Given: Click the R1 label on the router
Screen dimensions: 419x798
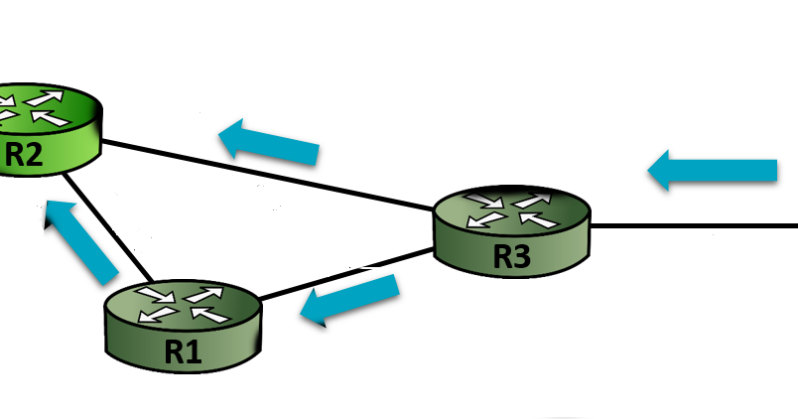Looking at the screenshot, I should [184, 351].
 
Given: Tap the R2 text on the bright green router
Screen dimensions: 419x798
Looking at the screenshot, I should [24, 155].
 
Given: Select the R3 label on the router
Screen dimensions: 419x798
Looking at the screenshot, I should [512, 257].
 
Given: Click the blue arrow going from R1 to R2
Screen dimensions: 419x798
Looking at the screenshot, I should [83, 241].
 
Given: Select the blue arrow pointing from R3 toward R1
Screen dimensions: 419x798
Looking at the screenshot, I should [349, 298].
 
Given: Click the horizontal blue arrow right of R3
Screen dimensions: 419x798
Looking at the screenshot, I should [713, 170].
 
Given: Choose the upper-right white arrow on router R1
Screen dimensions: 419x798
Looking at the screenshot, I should [203, 295].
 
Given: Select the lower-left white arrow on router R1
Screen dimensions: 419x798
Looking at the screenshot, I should [159, 314].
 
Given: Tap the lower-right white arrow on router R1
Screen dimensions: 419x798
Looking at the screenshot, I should [210, 315].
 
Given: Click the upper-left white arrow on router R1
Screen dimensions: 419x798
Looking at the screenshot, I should [156, 294].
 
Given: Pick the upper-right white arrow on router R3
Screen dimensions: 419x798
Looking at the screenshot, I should [532, 201].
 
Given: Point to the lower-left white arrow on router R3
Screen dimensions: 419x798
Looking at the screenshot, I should [486, 218].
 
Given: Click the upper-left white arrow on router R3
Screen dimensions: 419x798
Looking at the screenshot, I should [484, 200].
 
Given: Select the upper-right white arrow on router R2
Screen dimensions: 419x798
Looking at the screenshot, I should [44, 97].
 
